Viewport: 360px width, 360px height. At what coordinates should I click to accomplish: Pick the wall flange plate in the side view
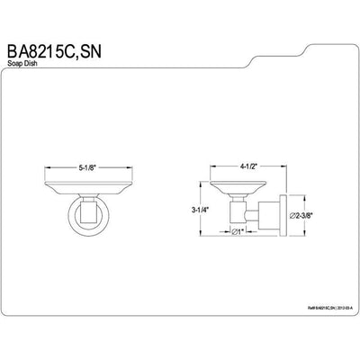pos(282,214)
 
